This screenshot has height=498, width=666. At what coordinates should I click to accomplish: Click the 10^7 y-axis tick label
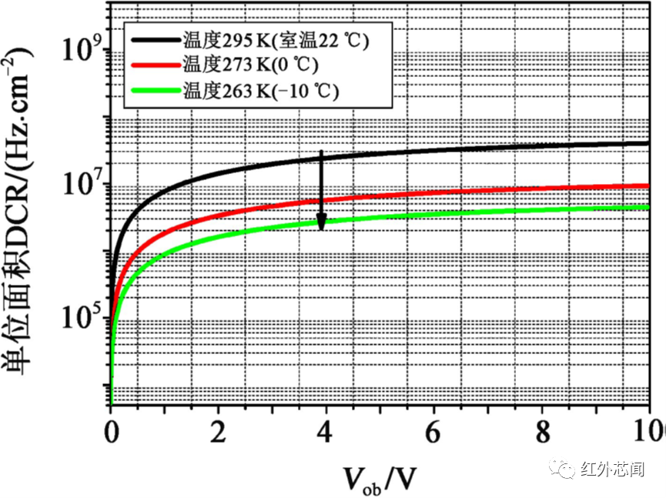tap(83, 185)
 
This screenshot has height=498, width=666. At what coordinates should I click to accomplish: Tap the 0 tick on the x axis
tap(111, 429)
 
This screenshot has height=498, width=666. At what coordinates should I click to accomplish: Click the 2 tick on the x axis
tap(219, 429)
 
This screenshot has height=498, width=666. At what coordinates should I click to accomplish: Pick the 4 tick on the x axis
tap(326, 429)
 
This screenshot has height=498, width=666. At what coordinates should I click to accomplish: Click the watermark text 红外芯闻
tap(613, 469)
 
